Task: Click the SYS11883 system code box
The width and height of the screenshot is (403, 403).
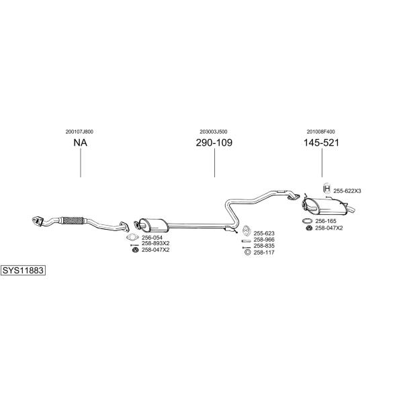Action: point(23,271)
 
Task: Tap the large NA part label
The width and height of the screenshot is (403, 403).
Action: point(81,142)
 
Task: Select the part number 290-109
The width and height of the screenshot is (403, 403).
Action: point(214,142)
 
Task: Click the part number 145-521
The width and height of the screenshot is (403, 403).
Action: point(322,142)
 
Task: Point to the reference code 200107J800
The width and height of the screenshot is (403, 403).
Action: point(79,132)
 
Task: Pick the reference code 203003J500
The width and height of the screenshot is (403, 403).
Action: point(214,132)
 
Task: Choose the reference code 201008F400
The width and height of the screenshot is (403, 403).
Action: point(321,132)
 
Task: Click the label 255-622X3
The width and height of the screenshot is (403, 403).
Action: point(347,191)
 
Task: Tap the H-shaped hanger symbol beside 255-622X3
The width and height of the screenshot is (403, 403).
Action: point(327,188)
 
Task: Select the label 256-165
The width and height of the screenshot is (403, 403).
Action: point(326,221)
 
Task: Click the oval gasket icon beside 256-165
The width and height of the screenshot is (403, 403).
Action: point(307,221)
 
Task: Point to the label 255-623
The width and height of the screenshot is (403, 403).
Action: point(264,233)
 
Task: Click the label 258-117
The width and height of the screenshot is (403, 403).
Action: point(264,253)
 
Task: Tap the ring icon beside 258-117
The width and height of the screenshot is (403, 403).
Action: point(247,253)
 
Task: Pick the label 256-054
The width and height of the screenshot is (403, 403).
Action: point(152,238)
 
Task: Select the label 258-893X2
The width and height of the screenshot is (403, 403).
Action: point(156,243)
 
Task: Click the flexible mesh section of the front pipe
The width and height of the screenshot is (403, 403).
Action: point(73,220)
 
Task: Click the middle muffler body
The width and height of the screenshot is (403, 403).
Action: point(153,226)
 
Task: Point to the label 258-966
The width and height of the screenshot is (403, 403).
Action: point(264,240)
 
